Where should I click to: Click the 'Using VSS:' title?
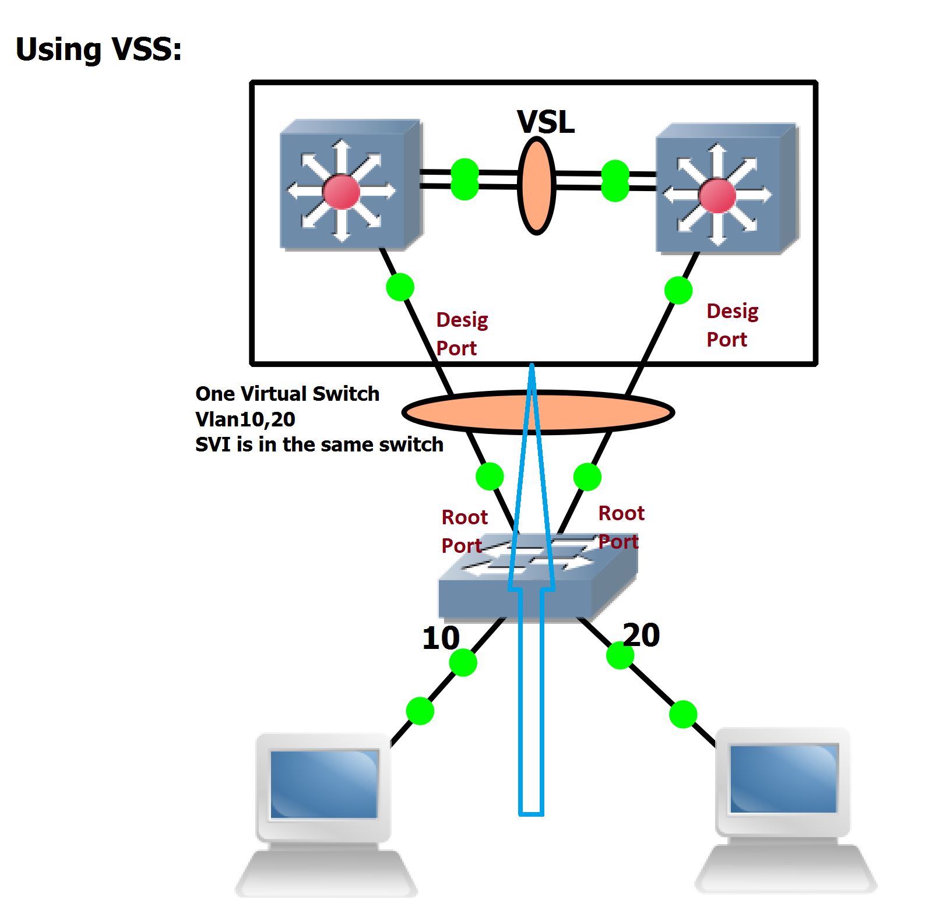point(98,50)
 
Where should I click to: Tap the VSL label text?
point(546,122)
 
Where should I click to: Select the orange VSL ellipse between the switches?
point(536,185)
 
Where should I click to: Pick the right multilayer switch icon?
point(726,189)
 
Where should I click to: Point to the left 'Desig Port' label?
point(462,334)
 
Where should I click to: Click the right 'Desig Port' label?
point(732,325)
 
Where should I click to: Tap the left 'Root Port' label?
point(464,531)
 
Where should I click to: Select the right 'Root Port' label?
point(621,527)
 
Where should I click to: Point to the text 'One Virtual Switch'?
point(287,394)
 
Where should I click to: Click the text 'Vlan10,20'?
point(245,419)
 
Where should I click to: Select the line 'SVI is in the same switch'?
point(319,444)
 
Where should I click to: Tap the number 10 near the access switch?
point(441,638)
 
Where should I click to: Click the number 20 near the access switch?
point(641,634)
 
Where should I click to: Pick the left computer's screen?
point(324,784)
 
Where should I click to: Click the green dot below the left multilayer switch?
point(400,287)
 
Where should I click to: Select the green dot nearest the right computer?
point(683,714)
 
